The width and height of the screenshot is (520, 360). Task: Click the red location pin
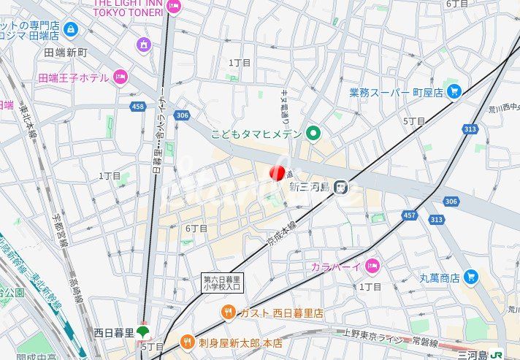(x=277, y=172)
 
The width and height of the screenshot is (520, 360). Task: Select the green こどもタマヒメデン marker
(x=313, y=132)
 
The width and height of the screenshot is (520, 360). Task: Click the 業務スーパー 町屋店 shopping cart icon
(x=454, y=91)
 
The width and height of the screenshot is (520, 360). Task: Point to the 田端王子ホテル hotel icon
(x=121, y=77)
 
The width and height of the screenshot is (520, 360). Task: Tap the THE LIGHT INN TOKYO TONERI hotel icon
(x=173, y=7)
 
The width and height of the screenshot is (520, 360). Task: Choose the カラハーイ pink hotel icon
(x=372, y=265)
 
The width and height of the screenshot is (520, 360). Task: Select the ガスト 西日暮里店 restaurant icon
(x=229, y=313)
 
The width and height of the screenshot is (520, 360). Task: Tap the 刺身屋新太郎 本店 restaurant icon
(x=187, y=341)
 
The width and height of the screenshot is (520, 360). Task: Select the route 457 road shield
(x=410, y=215)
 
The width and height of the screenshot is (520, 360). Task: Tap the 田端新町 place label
(x=66, y=53)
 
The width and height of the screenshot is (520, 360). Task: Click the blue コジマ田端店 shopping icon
(x=70, y=29)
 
